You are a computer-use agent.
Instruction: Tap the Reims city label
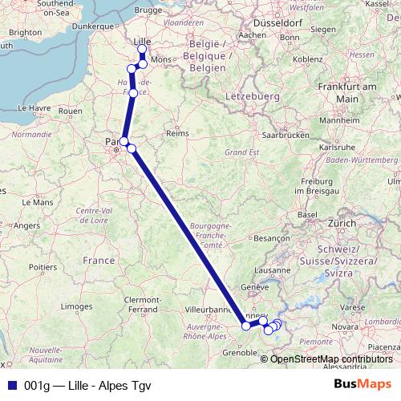coord(175,133)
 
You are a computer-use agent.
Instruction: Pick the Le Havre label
coord(22,107)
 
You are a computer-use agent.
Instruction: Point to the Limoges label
coord(77,306)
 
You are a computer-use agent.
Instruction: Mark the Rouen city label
coord(71,111)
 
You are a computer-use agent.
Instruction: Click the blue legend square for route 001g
coord(10,383)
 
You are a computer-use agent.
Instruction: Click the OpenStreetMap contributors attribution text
coord(326,358)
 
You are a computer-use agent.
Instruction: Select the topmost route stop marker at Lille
coord(143,50)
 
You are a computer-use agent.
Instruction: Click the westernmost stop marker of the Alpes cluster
coord(246,326)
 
